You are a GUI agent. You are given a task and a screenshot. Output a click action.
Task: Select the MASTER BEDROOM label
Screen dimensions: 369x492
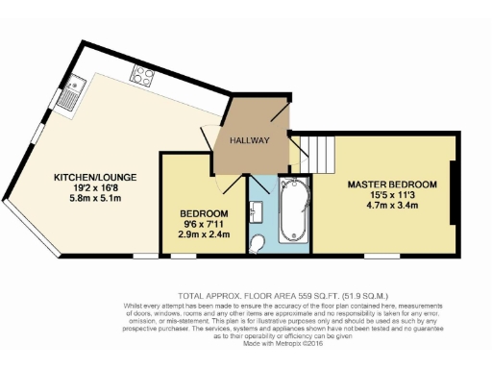pos(392,184)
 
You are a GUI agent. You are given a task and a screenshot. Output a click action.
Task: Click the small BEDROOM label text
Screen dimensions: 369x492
pos(204,212)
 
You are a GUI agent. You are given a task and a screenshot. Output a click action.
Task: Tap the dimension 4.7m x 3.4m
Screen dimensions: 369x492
pos(392,207)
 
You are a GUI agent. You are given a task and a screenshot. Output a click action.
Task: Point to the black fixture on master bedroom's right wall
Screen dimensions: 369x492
pos(453,197)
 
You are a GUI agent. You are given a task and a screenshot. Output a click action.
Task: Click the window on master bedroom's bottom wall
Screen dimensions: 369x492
pos(381,258)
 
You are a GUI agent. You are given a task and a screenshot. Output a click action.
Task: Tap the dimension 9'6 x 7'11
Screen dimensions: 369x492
pos(204,224)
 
